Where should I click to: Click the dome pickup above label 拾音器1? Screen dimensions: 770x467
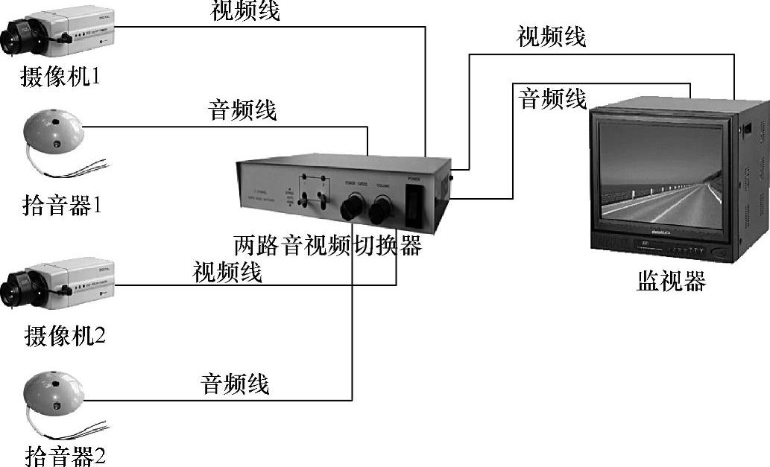point(52,133)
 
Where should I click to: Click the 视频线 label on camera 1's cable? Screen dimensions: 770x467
point(245,11)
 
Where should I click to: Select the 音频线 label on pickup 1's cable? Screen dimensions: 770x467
point(242,111)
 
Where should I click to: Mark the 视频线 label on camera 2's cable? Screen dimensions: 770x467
point(227,272)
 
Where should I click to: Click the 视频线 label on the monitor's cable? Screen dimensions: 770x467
point(552,36)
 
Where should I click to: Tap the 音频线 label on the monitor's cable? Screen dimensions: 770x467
point(552,98)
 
